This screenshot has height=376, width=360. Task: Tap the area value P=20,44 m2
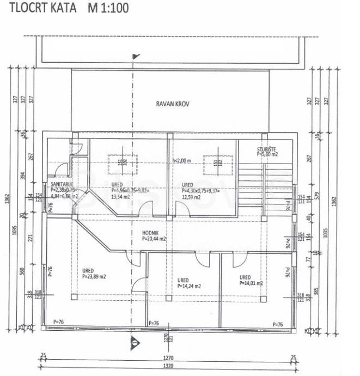tap(154, 238)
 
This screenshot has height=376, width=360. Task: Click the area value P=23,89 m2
tap(94, 276)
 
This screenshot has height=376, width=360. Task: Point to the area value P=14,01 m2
tap(251, 283)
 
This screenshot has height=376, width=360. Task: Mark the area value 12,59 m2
tap(191, 197)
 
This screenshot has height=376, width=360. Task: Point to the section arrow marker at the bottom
tap(135, 342)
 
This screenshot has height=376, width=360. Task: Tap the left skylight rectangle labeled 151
tap(123, 162)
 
